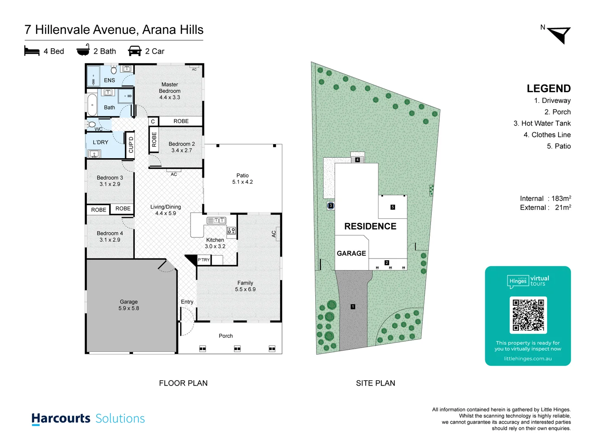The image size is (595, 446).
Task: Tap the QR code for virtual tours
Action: point(528,315)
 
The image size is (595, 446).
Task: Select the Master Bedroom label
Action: point(169,91)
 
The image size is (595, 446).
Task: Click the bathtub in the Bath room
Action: point(92,105)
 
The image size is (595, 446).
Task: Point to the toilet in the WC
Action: point(92,124)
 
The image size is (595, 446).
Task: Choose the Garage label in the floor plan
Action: point(129,305)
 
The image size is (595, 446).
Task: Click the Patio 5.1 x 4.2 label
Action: point(243,178)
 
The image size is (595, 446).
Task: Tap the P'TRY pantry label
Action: point(204,260)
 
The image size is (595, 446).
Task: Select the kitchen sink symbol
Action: point(216,221)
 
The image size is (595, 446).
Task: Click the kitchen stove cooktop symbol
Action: point(231,231)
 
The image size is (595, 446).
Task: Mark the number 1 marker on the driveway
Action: point(353,306)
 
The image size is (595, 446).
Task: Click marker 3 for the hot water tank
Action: point(331,205)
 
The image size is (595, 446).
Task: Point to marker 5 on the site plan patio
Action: point(393,207)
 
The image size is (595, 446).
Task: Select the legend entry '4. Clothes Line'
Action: point(547,135)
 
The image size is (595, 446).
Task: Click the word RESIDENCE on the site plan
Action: point(370,226)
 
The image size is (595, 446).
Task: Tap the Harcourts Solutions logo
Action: point(88,418)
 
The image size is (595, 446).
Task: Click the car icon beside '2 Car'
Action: point(135,51)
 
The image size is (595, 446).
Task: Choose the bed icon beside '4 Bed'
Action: point(32,51)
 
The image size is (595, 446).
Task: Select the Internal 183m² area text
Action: point(545,198)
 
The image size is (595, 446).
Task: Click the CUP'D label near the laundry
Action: point(131,145)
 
